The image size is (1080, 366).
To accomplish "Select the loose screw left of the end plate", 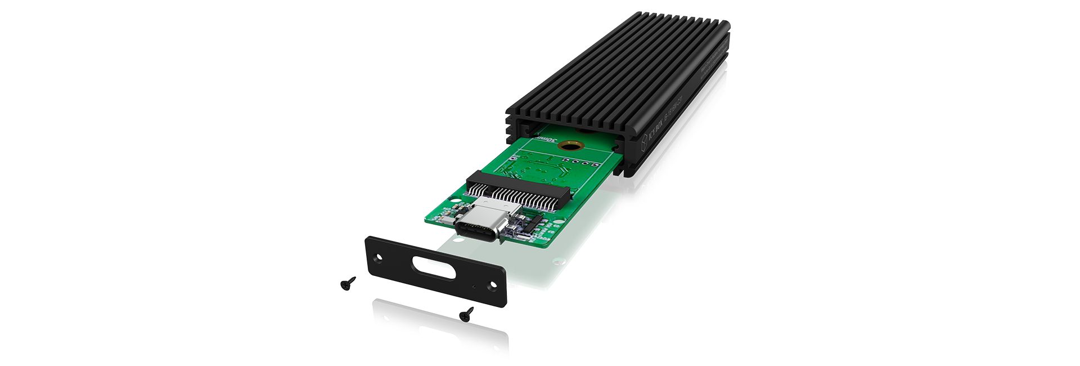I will pos(348,283).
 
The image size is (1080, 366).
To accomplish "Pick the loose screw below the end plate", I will pos(466,314).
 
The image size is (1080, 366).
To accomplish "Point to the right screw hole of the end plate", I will pos(493,285).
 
